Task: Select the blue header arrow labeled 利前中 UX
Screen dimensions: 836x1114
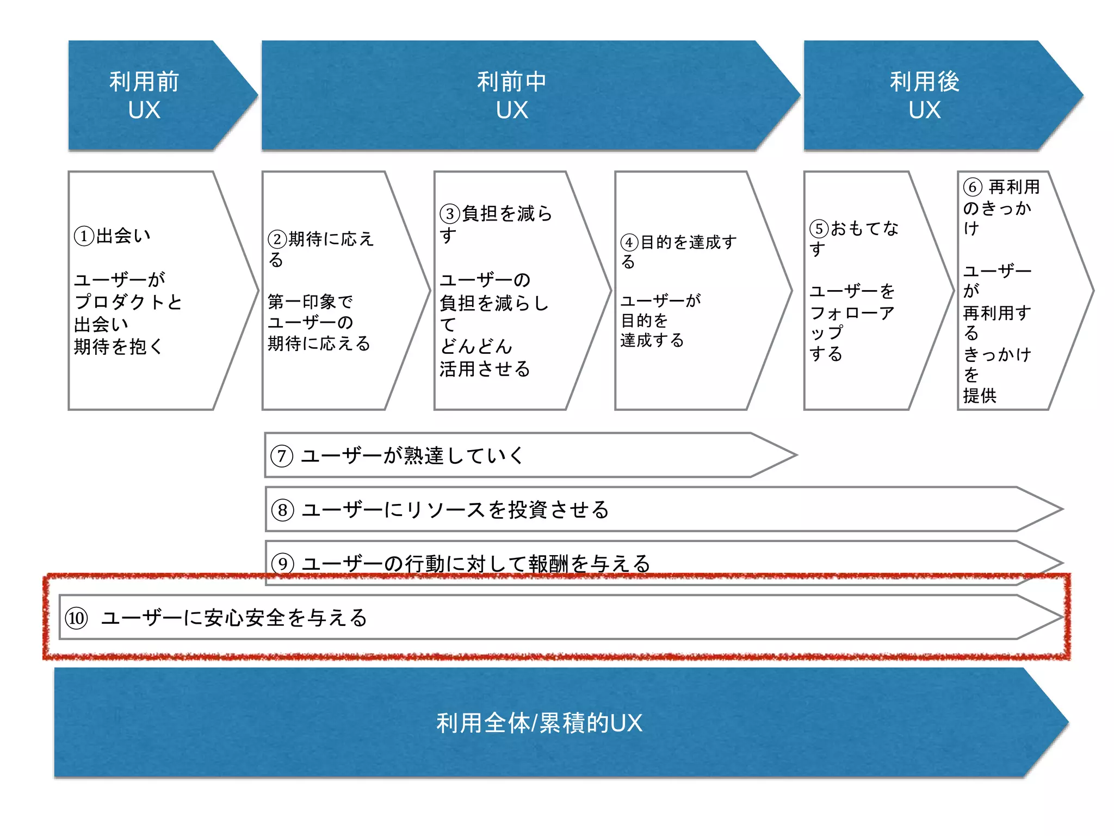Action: pyautogui.click(x=511, y=95)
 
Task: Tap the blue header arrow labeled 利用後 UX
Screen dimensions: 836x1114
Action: pyautogui.click(x=925, y=95)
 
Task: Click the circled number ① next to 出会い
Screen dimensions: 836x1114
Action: pyautogui.click(x=84, y=236)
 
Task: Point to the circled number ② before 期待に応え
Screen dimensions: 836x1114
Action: pyautogui.click(x=277, y=239)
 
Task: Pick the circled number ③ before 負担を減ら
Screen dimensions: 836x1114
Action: pyautogui.click(x=450, y=213)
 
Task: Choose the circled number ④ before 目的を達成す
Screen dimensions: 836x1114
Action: pyautogui.click(x=629, y=242)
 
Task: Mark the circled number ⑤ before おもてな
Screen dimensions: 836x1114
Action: pyautogui.click(x=819, y=229)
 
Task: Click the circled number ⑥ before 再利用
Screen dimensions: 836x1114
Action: pyautogui.click(x=973, y=187)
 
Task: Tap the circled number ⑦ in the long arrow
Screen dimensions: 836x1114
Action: pyautogui.click(x=282, y=456)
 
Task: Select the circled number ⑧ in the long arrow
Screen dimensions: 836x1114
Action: pyautogui.click(x=283, y=510)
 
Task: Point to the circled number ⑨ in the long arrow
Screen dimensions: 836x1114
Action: pyautogui.click(x=283, y=563)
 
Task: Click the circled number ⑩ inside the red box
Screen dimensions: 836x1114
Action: pyautogui.click(x=76, y=618)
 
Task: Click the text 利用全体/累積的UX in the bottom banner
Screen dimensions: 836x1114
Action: pyautogui.click(x=539, y=723)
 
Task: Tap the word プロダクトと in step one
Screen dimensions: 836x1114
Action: pyautogui.click(x=128, y=302)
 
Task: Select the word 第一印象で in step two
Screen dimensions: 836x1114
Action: pyautogui.click(x=310, y=302)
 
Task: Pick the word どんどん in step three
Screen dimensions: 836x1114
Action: pyautogui.click(x=476, y=346)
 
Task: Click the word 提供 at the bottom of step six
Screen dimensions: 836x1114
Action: pyautogui.click(x=980, y=396)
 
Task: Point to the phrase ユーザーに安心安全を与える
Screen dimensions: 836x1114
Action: pyautogui.click(x=234, y=618)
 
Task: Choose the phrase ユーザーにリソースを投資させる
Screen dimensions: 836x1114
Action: pyautogui.click(x=455, y=510)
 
